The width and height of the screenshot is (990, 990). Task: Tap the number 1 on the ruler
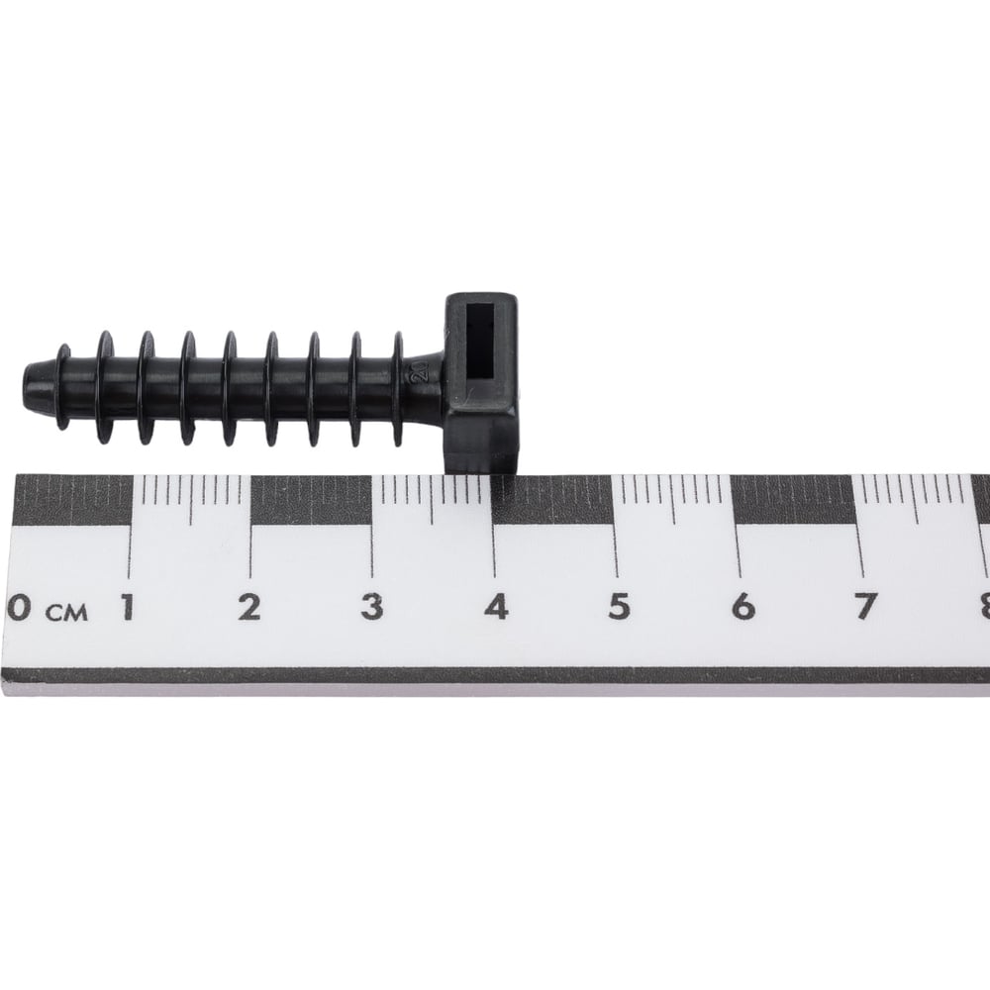(x=128, y=607)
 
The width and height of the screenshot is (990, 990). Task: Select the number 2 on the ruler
(x=249, y=607)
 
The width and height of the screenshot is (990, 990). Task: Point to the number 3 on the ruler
(x=372, y=607)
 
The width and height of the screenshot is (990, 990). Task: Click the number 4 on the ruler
(x=496, y=607)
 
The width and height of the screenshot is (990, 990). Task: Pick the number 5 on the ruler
(x=620, y=607)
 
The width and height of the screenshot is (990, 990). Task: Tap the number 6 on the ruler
(x=743, y=607)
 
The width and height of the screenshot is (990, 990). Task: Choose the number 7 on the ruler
(x=864, y=607)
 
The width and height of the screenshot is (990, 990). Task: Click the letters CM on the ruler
(x=66, y=613)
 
